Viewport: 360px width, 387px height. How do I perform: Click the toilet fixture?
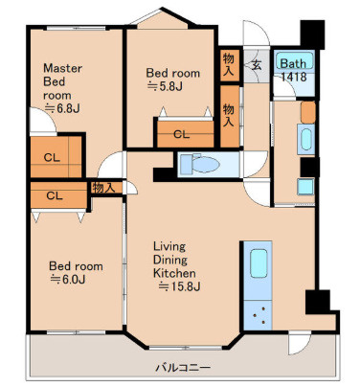click(200, 165)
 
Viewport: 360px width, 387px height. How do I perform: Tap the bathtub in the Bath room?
click(294, 60)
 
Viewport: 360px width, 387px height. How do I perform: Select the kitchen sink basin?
click(259, 263)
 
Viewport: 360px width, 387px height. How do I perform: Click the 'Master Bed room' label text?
click(62, 81)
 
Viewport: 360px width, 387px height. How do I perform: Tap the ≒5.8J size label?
click(165, 86)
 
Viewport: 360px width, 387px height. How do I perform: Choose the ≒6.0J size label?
click(68, 280)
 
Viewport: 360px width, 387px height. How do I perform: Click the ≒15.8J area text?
click(179, 286)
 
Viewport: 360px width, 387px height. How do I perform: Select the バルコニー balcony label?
click(183, 368)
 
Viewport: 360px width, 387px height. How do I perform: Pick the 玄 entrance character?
click(257, 65)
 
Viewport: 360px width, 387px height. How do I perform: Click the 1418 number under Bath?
click(294, 77)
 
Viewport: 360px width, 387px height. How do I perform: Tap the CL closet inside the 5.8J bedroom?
click(181, 134)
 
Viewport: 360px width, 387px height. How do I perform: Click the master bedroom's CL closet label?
click(52, 157)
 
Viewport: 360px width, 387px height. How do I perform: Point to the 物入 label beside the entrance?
click(229, 64)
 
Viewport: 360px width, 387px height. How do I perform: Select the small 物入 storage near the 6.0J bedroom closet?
click(103, 188)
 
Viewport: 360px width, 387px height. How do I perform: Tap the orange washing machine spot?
click(308, 112)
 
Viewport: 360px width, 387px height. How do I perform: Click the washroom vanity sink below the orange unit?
click(306, 140)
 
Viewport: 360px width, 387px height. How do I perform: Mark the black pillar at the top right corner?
click(312, 34)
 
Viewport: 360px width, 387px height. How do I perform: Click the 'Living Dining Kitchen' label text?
click(174, 260)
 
